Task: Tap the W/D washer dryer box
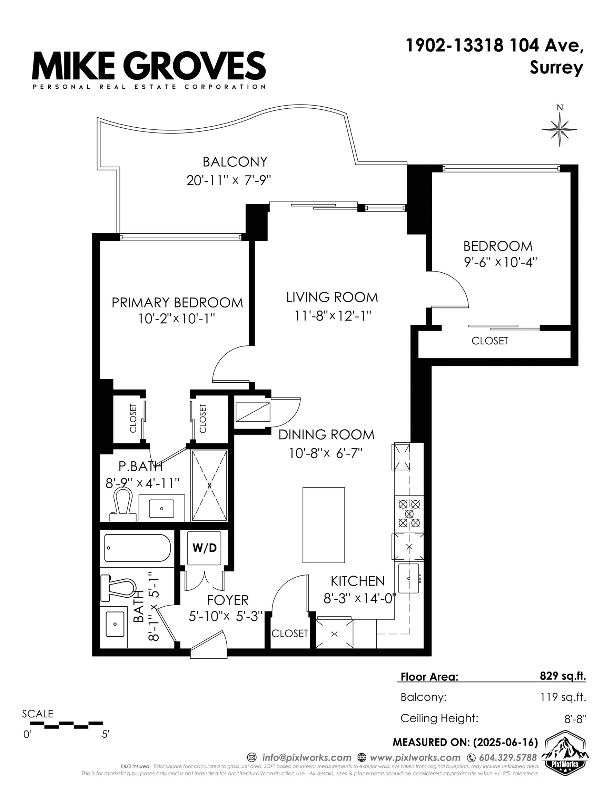click(204, 548)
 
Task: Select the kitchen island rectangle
click(324, 525)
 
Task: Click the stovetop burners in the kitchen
click(409, 514)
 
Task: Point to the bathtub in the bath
click(137, 548)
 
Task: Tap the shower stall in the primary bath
click(209, 485)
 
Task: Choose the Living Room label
click(332, 297)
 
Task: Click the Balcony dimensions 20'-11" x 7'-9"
click(229, 180)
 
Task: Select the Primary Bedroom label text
click(177, 303)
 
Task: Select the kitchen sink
click(409, 578)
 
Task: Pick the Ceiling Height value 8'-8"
click(575, 719)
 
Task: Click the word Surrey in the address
click(556, 68)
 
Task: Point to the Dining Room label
click(326, 434)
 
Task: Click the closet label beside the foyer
click(290, 634)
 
